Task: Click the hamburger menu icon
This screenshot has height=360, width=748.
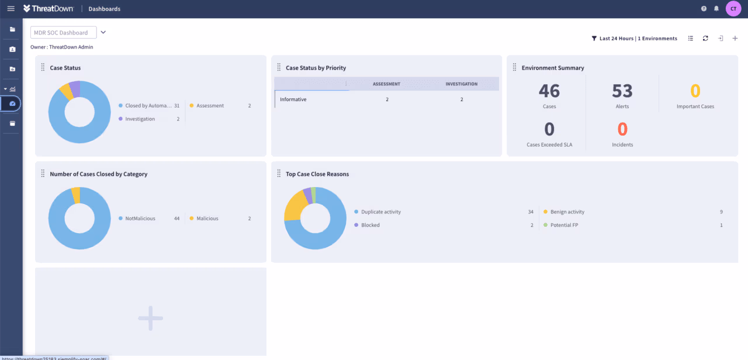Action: pos(11,9)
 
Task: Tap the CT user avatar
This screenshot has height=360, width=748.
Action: pos(733,9)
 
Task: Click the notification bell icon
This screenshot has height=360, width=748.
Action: pos(716,9)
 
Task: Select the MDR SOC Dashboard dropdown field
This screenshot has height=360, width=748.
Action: pos(63,33)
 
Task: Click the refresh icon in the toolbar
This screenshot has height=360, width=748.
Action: pos(705,39)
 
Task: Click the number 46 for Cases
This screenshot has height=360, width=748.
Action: pos(549,91)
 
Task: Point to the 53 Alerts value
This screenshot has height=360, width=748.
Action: pos(622,91)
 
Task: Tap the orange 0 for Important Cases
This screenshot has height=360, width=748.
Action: pos(695,91)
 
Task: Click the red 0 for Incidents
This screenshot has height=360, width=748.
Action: pos(622,129)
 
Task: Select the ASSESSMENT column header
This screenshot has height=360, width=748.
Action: pos(386,84)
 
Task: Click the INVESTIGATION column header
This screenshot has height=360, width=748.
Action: pos(461,84)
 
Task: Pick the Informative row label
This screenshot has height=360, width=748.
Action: pos(293,99)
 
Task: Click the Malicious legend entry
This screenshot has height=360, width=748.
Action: pos(207,219)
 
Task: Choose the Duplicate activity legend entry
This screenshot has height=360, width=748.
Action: pos(381,212)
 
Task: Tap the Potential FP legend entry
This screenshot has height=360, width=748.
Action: pos(564,225)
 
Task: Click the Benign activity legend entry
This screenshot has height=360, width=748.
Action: pos(567,212)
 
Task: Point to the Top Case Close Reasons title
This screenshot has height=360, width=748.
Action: pos(317,174)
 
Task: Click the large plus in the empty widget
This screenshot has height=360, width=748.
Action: pos(150,318)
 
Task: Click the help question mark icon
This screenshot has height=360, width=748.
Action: pos(704,9)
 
